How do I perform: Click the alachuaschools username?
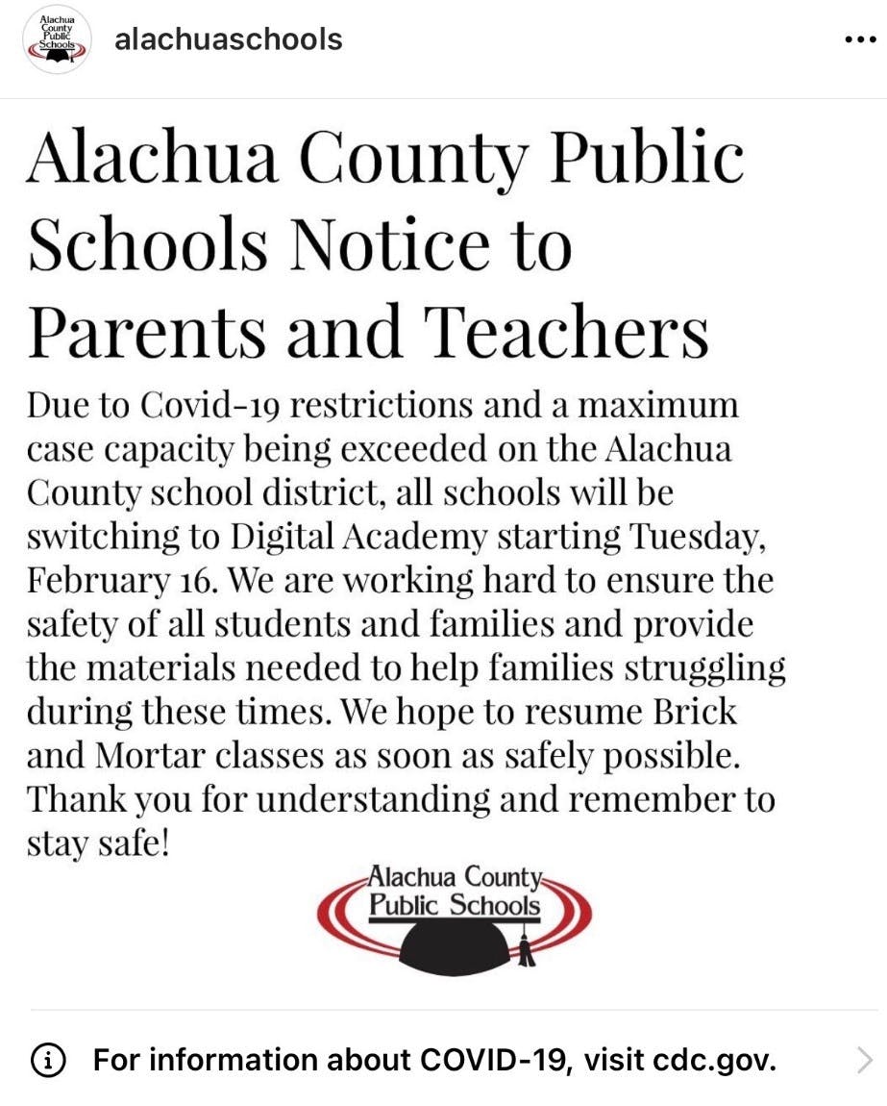(228, 39)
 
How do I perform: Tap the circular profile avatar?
(57, 39)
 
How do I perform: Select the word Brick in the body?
(688, 713)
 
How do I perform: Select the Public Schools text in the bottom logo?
(456, 904)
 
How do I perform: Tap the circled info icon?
(48, 1061)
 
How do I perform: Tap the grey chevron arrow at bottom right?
(864, 1061)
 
